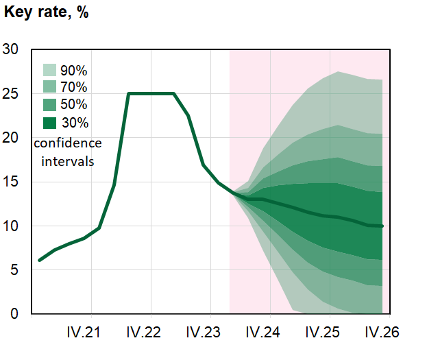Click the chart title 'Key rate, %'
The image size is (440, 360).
47,13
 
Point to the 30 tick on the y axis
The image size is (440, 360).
12,49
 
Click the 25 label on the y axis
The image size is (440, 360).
12,93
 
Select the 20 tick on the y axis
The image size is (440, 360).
12,138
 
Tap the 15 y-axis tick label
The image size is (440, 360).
12,182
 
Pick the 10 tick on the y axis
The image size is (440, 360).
12,226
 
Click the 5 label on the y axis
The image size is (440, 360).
16,270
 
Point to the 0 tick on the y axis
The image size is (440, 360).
16,314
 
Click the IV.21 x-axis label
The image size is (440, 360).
84,333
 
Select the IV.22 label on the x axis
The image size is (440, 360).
143,333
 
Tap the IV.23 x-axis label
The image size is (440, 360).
204,333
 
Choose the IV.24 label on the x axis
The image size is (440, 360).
263,333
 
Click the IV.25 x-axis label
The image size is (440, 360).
323,333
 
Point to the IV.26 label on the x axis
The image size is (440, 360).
380,333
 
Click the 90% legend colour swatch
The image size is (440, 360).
50,70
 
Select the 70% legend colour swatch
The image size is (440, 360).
50,87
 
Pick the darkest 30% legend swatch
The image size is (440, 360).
50,123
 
